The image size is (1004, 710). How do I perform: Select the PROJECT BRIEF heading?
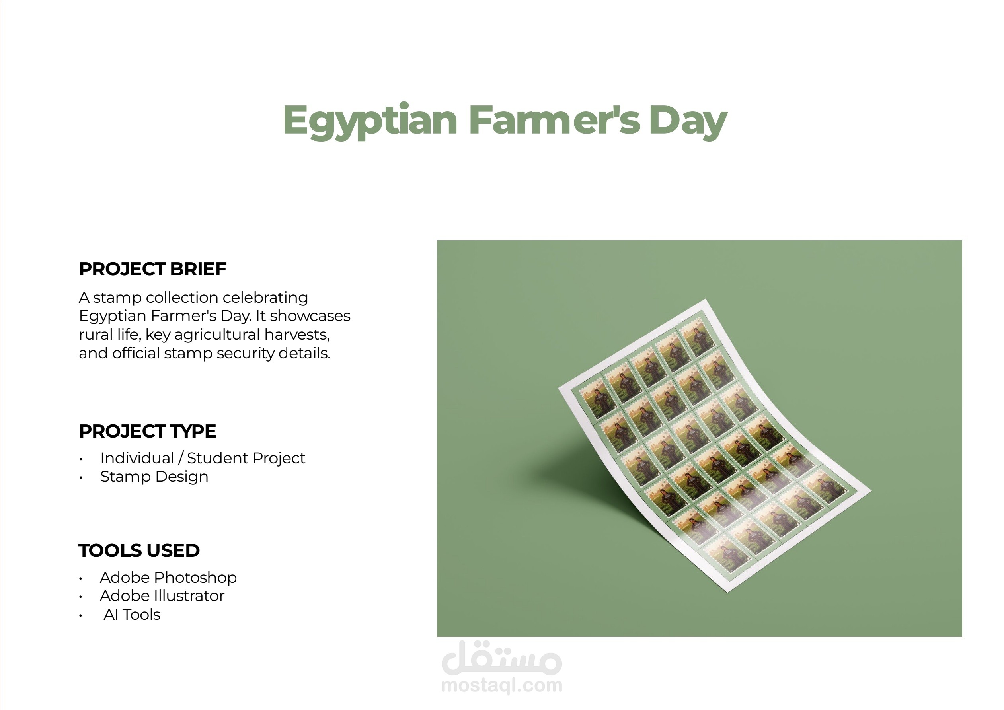pyautogui.click(x=153, y=269)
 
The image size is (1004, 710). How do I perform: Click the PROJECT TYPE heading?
pyautogui.click(x=147, y=431)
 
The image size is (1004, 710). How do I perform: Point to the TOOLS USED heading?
pyautogui.click(x=139, y=550)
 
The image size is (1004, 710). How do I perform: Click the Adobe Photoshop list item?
pyautogui.click(x=168, y=578)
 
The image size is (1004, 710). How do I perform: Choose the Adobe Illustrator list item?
pyautogui.click(x=162, y=596)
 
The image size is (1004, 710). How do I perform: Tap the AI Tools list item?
pyautogui.click(x=132, y=615)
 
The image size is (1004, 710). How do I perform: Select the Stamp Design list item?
pyautogui.click(x=154, y=477)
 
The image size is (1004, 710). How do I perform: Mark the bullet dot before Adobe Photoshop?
pyautogui.click(x=81, y=579)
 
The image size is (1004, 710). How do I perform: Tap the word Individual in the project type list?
pyautogui.click(x=137, y=458)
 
